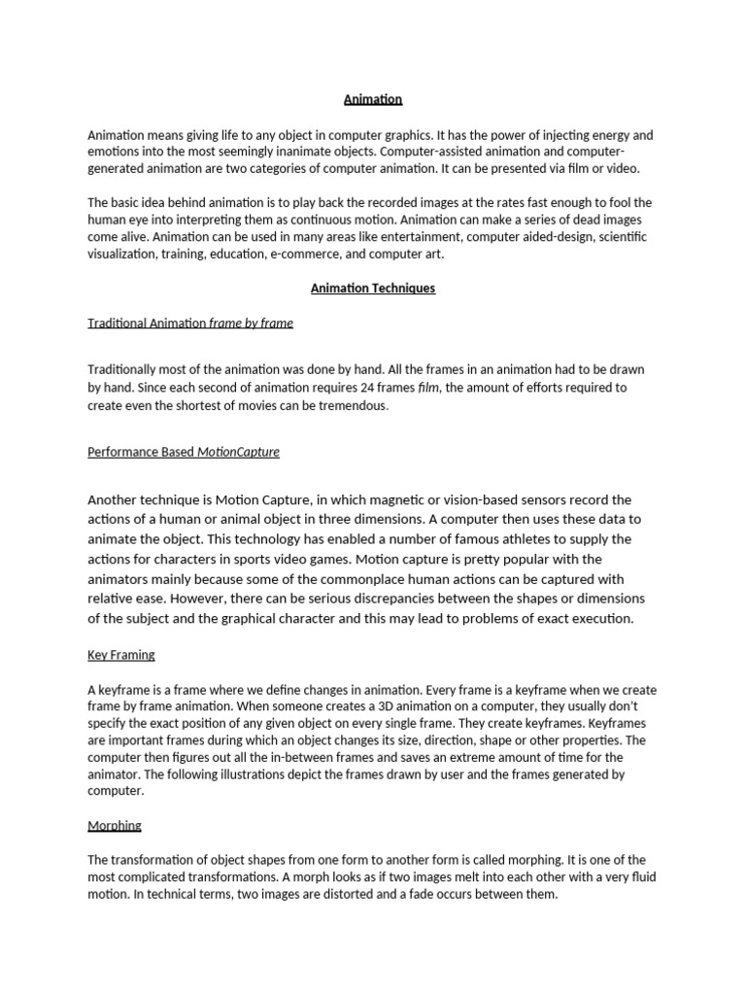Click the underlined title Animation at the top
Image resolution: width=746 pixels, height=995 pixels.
click(x=373, y=99)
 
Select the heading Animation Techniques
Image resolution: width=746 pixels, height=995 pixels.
click(x=373, y=288)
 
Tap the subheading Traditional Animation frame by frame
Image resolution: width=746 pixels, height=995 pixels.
click(x=190, y=323)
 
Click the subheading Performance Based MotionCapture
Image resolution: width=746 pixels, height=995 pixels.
click(x=184, y=452)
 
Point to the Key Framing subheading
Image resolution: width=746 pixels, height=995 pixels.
click(x=121, y=655)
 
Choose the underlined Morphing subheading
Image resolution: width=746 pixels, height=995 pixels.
click(x=115, y=825)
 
